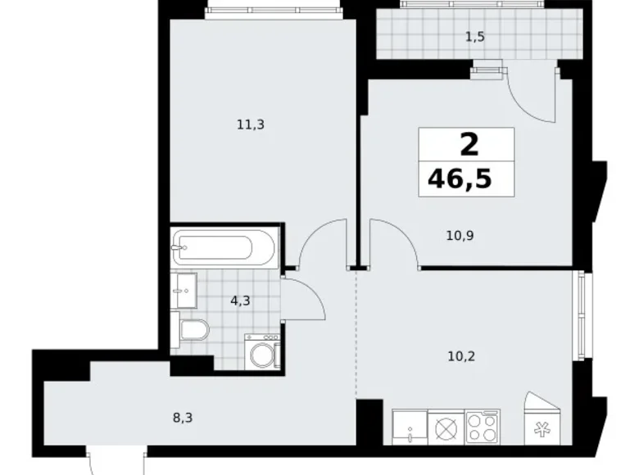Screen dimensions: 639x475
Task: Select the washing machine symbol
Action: pos(262,351)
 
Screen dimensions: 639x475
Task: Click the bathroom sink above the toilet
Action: pos(184,291)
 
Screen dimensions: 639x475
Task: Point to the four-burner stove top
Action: pos(483,427)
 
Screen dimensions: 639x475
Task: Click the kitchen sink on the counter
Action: pos(410,427)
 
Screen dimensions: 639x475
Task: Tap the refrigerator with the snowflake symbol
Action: pos(542,418)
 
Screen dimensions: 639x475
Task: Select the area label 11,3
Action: pos(251,124)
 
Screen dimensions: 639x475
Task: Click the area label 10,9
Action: pos(460,236)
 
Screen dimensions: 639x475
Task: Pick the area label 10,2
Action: pos(461,356)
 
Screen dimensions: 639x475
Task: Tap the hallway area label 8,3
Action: pos(183,418)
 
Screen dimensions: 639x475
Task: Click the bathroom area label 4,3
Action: pos(240,301)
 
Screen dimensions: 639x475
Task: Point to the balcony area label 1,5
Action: pos(475,37)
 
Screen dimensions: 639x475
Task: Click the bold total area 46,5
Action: pos(460,179)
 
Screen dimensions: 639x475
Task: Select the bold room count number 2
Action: pos(469,145)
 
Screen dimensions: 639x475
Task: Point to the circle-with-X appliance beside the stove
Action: pos(446,427)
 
